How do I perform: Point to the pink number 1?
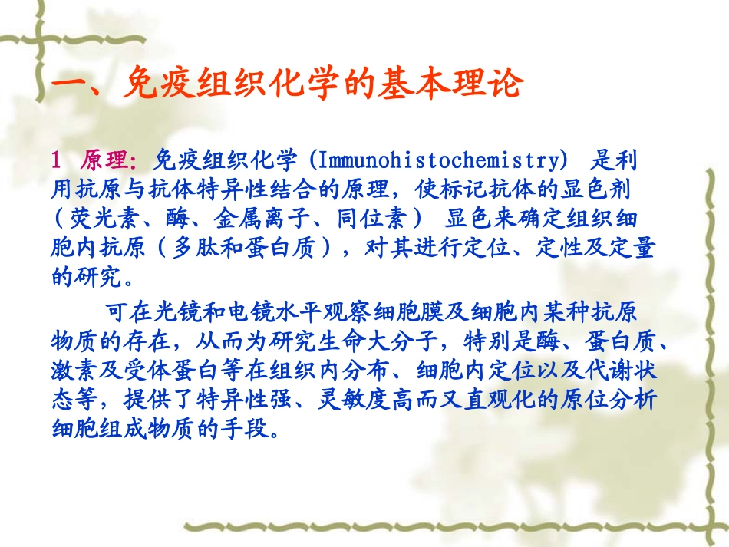click(x=56, y=160)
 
